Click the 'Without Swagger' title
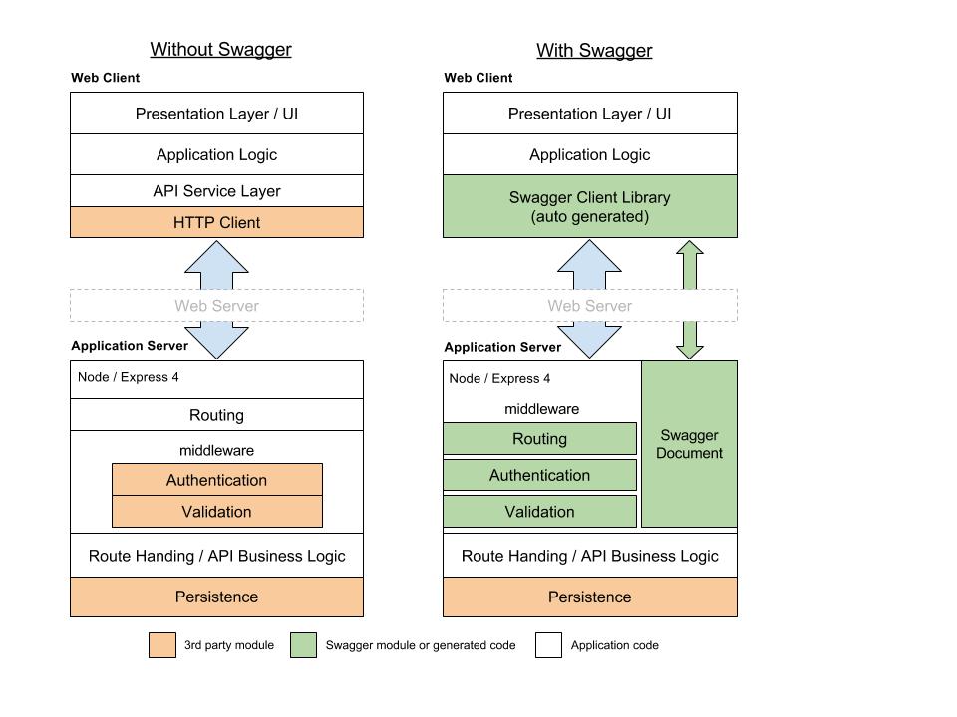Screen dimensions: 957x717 [x=221, y=50]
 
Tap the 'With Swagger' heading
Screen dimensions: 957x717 [x=594, y=51]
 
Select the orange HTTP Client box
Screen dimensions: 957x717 [x=216, y=222]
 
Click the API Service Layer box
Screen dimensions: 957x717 [x=216, y=191]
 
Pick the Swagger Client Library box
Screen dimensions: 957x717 [x=590, y=206]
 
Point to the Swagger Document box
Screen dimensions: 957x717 [x=689, y=444]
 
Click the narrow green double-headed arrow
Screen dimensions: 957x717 [x=690, y=300]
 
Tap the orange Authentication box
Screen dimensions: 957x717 [x=217, y=480]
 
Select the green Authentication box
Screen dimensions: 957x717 [x=539, y=475]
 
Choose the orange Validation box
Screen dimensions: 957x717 [x=217, y=512]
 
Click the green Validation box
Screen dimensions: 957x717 [x=539, y=512]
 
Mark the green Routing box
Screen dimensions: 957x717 [x=539, y=438]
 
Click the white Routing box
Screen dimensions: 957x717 [x=216, y=415]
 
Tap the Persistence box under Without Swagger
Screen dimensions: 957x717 [x=216, y=597]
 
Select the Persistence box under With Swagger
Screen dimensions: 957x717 [x=590, y=597]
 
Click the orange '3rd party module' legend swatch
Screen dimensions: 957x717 [x=162, y=645]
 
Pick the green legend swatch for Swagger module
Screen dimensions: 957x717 [x=303, y=645]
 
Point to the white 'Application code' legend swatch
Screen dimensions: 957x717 [x=548, y=645]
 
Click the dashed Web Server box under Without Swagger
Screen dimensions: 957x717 [x=216, y=306]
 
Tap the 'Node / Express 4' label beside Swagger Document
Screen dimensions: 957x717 [x=499, y=378]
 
